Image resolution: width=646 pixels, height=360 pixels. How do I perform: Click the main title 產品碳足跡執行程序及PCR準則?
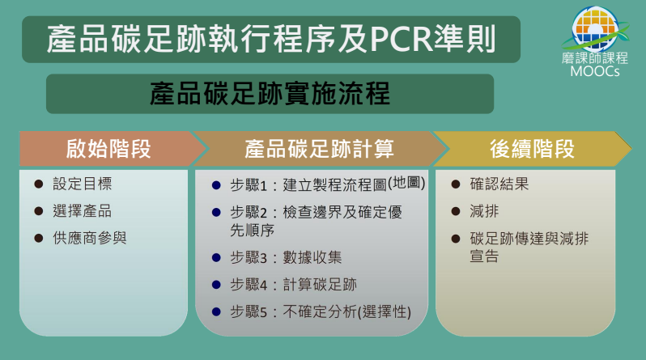[271, 39]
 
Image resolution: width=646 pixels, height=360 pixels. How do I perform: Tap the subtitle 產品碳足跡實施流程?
[270, 94]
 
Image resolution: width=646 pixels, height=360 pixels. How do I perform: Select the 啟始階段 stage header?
[108, 149]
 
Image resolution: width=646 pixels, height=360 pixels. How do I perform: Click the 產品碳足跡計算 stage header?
[319, 149]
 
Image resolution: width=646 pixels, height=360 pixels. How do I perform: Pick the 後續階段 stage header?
[532, 149]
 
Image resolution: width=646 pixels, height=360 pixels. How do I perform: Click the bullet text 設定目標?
[83, 184]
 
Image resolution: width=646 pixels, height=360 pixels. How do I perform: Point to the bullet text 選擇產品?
[83, 211]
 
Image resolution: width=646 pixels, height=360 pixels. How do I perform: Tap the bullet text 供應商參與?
[90, 238]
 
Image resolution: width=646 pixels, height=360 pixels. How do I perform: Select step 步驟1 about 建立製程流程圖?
[328, 184]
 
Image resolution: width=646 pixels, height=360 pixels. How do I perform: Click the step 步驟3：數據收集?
[286, 257]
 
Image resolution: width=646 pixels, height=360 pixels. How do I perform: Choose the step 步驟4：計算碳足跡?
[293, 285]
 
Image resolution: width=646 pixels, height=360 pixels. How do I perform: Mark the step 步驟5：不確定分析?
[321, 311]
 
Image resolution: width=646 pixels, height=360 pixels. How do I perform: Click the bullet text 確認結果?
[499, 184]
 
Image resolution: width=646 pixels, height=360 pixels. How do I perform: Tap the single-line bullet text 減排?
[484, 211]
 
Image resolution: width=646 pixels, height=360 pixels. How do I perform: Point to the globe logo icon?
[595, 28]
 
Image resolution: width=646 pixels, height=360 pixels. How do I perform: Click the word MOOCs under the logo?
[595, 71]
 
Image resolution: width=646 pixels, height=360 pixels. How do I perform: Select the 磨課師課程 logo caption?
[595, 58]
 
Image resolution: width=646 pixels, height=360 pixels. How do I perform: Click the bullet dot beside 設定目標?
[39, 184]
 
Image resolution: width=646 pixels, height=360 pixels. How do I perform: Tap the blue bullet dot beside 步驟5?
[216, 311]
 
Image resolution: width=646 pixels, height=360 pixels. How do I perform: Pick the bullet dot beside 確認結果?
[456, 184]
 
